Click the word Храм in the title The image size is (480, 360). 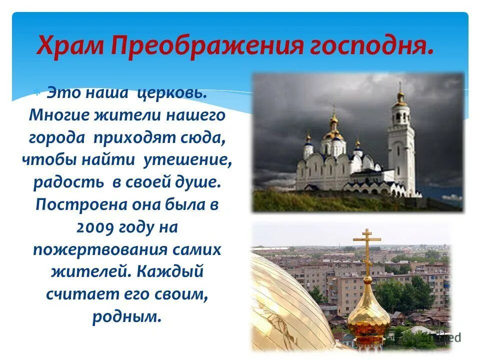(x=69, y=46)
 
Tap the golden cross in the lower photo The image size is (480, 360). (x=367, y=250)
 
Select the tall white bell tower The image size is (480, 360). (x=401, y=145)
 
